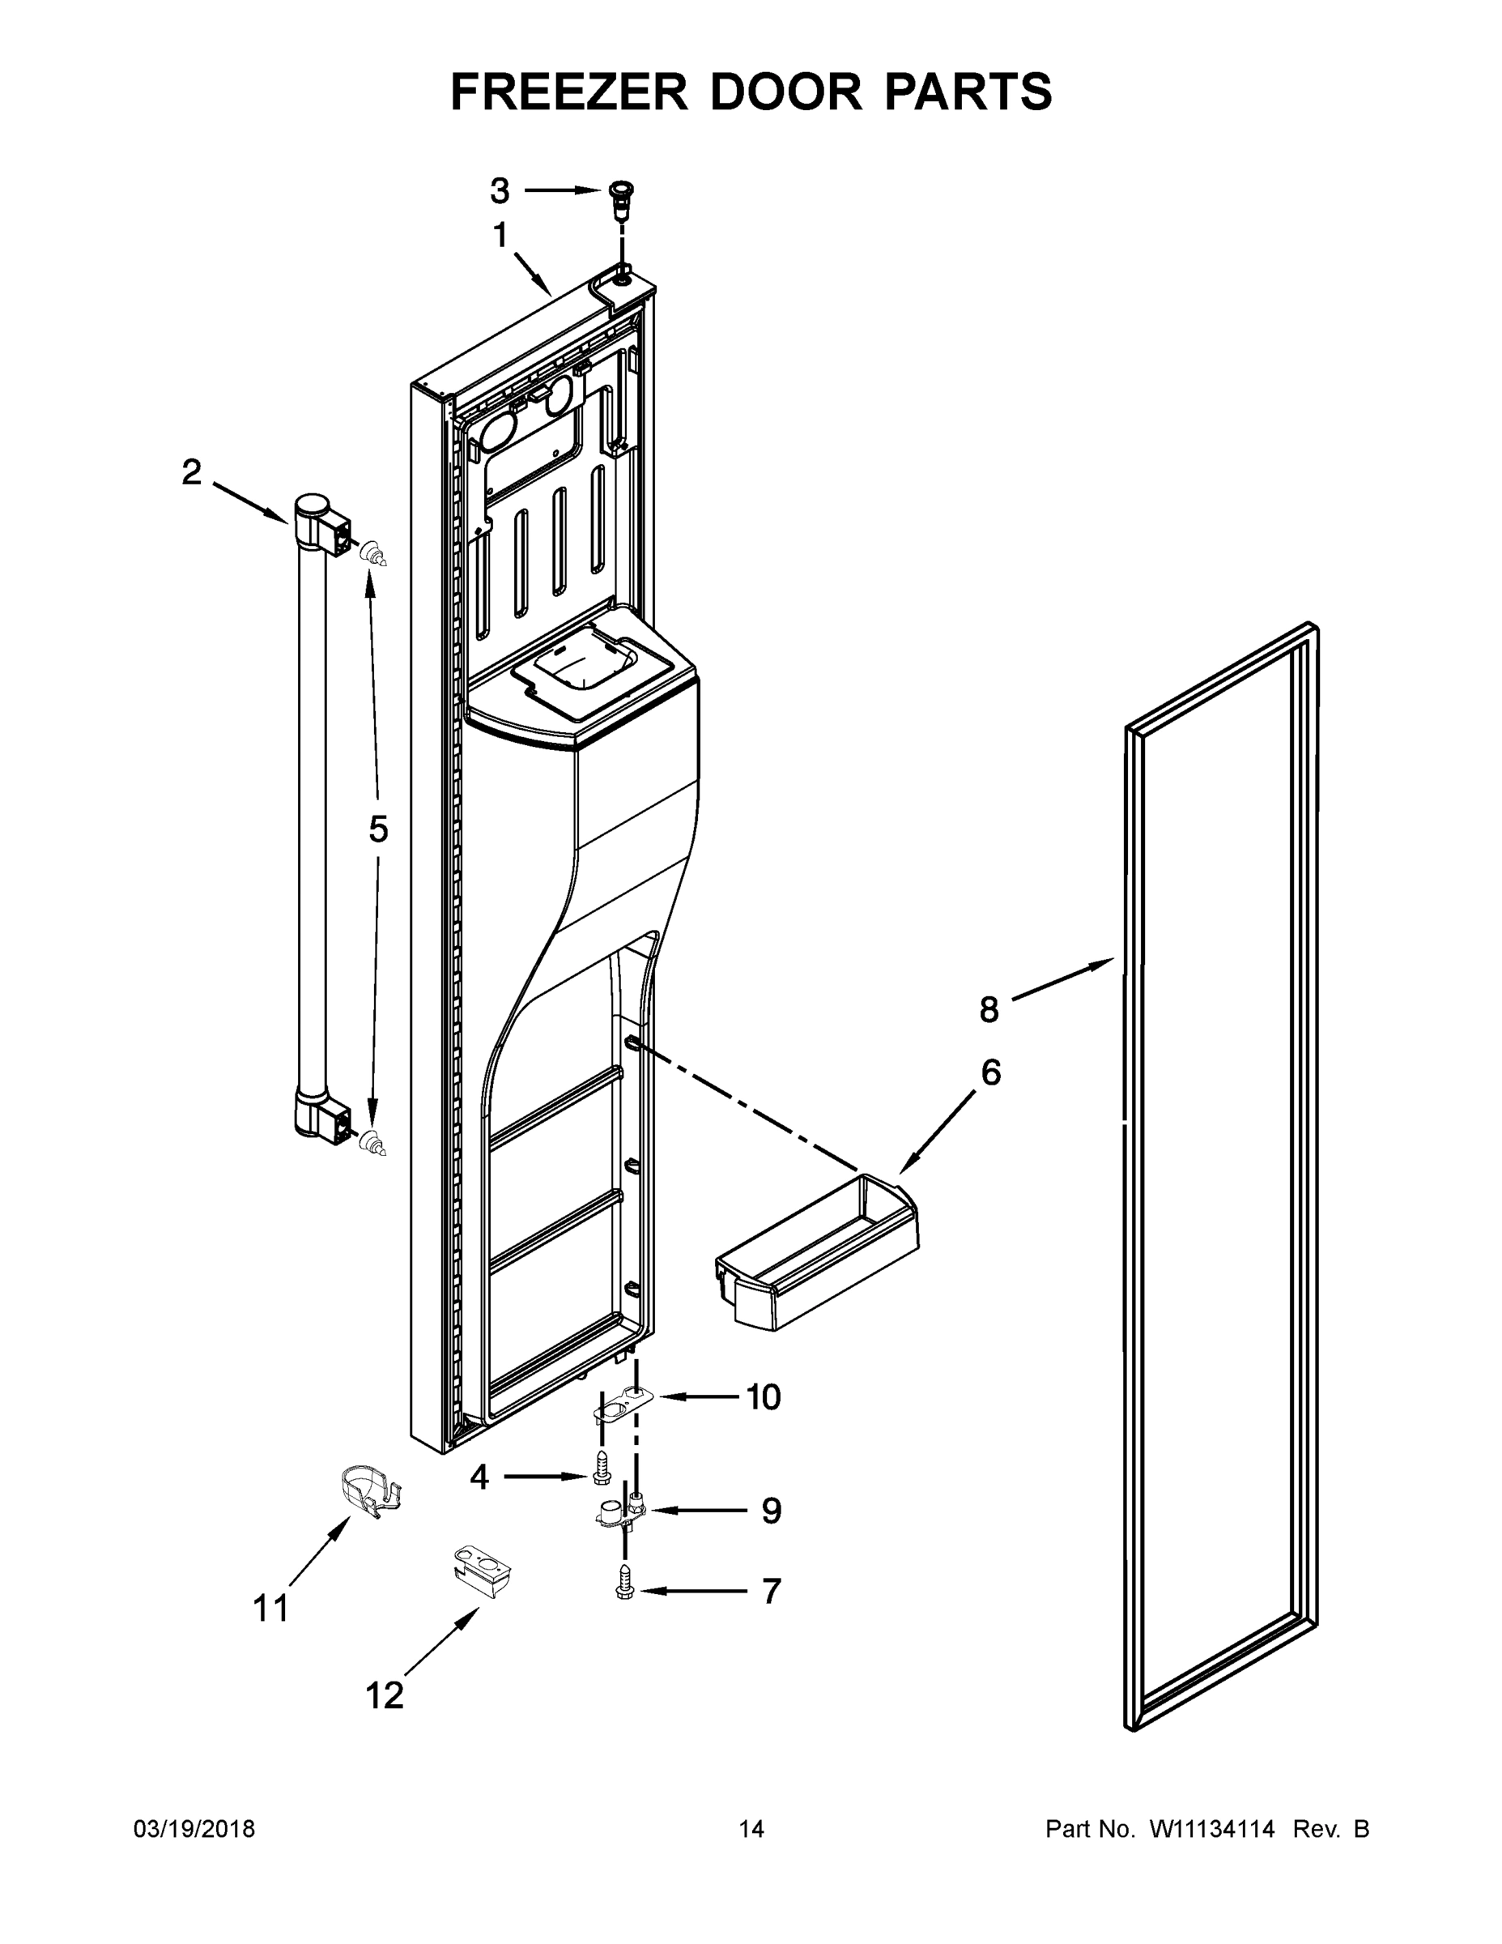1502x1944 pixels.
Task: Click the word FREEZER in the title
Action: pos(569,92)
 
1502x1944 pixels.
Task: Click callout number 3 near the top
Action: pos(500,190)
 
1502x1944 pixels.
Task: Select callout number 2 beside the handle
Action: pos(192,473)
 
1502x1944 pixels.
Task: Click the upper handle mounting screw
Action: pos(376,556)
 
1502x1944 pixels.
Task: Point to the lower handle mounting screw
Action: pos(375,1144)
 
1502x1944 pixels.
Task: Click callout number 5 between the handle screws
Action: pos(378,829)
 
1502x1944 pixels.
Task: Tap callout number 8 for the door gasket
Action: pos(989,1010)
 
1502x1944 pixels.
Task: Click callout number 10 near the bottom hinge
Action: pos(763,1398)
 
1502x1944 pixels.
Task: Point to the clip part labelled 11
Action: pos(370,1491)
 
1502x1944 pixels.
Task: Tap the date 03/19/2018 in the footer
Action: pos(194,1829)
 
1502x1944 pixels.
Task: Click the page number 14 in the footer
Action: pos(751,1829)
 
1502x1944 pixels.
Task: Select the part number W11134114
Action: pos(1212,1829)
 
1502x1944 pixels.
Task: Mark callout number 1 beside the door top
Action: pos(500,236)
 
